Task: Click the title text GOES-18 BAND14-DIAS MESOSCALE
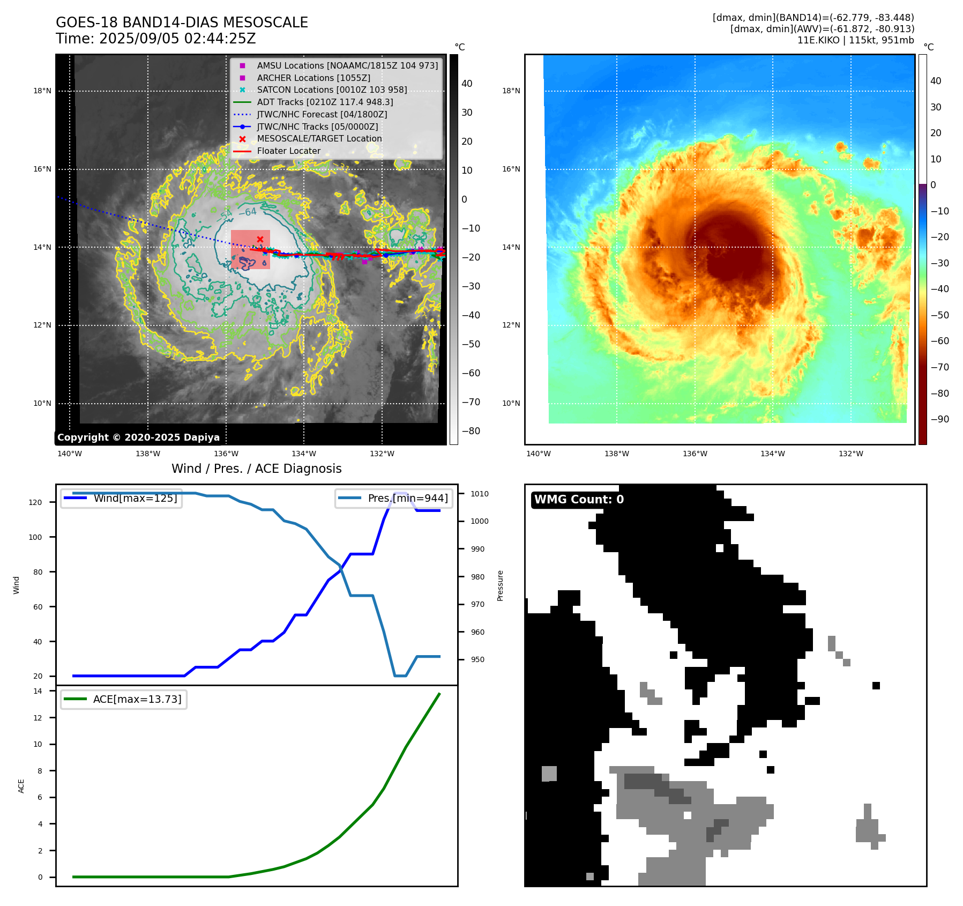point(182,23)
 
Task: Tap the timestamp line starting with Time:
point(155,39)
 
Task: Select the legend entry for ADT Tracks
point(325,102)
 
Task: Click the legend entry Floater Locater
point(288,151)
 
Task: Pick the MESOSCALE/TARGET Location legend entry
point(319,139)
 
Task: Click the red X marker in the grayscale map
point(260,239)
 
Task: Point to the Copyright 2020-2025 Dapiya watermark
point(138,437)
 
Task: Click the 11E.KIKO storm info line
point(855,40)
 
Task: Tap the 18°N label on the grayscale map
point(42,91)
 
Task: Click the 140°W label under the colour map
point(538,454)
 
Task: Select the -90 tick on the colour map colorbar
point(939,419)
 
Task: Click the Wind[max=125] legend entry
point(135,498)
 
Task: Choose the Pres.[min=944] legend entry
point(407,498)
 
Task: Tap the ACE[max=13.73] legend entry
point(137,699)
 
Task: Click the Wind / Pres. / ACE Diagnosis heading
point(256,469)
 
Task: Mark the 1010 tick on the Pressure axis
point(480,494)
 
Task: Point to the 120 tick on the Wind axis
point(35,502)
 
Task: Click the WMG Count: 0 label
point(579,500)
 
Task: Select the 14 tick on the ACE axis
point(38,691)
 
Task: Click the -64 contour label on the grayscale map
point(248,212)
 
